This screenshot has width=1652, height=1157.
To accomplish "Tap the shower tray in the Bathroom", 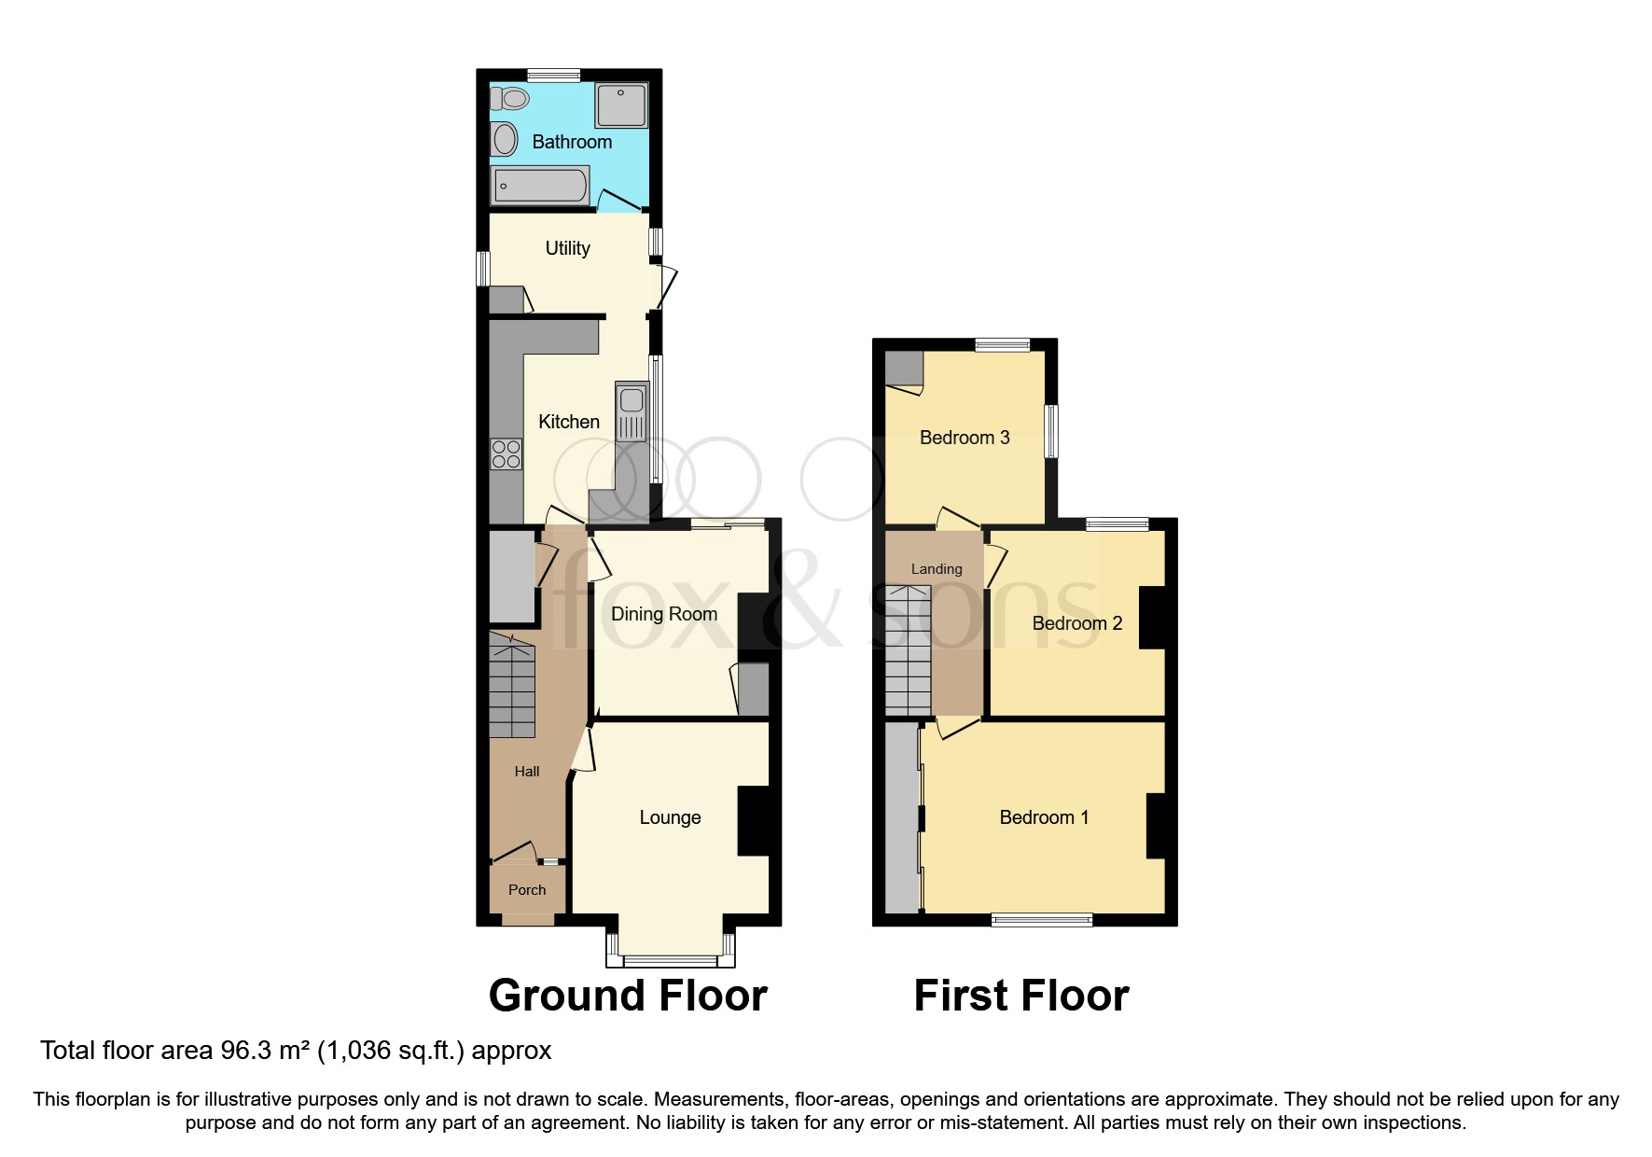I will (x=620, y=105).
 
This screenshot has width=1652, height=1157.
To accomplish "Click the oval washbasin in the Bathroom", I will (x=505, y=140).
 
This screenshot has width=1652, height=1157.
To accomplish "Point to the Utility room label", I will (x=567, y=248).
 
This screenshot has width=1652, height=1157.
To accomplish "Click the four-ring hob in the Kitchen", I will (x=507, y=454).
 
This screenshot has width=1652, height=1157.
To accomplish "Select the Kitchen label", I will (x=568, y=422).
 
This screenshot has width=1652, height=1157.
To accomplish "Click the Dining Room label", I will (x=663, y=614).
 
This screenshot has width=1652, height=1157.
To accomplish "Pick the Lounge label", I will (x=670, y=817).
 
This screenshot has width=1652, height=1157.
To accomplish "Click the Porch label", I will (x=526, y=890).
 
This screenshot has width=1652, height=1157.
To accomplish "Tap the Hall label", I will (x=526, y=772).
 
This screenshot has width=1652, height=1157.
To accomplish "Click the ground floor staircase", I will (x=512, y=686).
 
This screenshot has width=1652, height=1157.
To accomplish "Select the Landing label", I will (x=936, y=569).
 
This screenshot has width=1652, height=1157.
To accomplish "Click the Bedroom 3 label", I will (x=964, y=438).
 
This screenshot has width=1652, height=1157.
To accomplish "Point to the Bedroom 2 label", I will (x=1076, y=623).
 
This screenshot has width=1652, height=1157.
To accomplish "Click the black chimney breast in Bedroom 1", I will (x=1156, y=825).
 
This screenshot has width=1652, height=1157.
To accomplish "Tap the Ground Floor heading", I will (x=627, y=996).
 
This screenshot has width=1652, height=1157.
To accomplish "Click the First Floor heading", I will (x=1020, y=996).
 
